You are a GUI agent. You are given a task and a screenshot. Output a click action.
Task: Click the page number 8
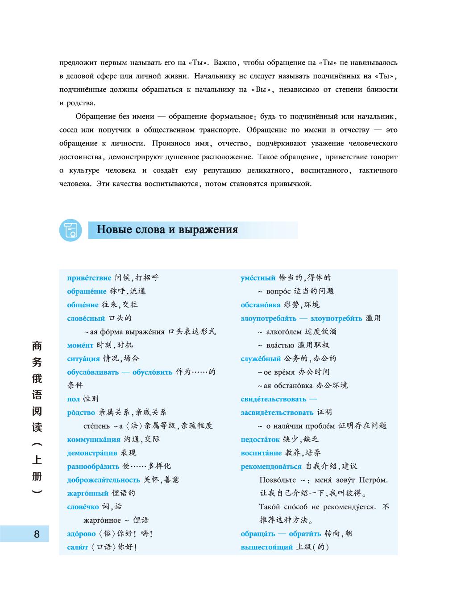pos(37,534)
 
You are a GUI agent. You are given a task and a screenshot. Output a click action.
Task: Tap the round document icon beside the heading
pos(71,230)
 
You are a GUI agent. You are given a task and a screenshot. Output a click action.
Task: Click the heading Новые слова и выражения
pos(167,230)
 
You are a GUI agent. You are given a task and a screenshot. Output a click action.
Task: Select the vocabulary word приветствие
pos(89,278)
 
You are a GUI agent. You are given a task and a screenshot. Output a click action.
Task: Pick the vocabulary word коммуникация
pos(94,439)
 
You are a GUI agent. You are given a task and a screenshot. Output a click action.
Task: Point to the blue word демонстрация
pos(92,453)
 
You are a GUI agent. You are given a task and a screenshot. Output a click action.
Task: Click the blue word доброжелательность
pos(104,480)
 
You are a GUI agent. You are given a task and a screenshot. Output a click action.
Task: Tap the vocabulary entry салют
pos(77,547)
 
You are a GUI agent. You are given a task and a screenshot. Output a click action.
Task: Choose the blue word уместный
pos(258,278)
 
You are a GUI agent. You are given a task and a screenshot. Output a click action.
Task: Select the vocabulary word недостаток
pos(260,439)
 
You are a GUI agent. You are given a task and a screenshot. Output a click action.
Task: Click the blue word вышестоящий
pos(266,547)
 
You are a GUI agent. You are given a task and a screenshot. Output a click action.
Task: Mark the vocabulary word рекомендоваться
pos(271,466)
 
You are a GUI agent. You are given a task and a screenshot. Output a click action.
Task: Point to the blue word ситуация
pos(83,359)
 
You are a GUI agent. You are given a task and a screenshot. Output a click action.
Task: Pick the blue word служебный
pos(261,359)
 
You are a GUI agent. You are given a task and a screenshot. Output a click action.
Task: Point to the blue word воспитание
pos(261,453)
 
